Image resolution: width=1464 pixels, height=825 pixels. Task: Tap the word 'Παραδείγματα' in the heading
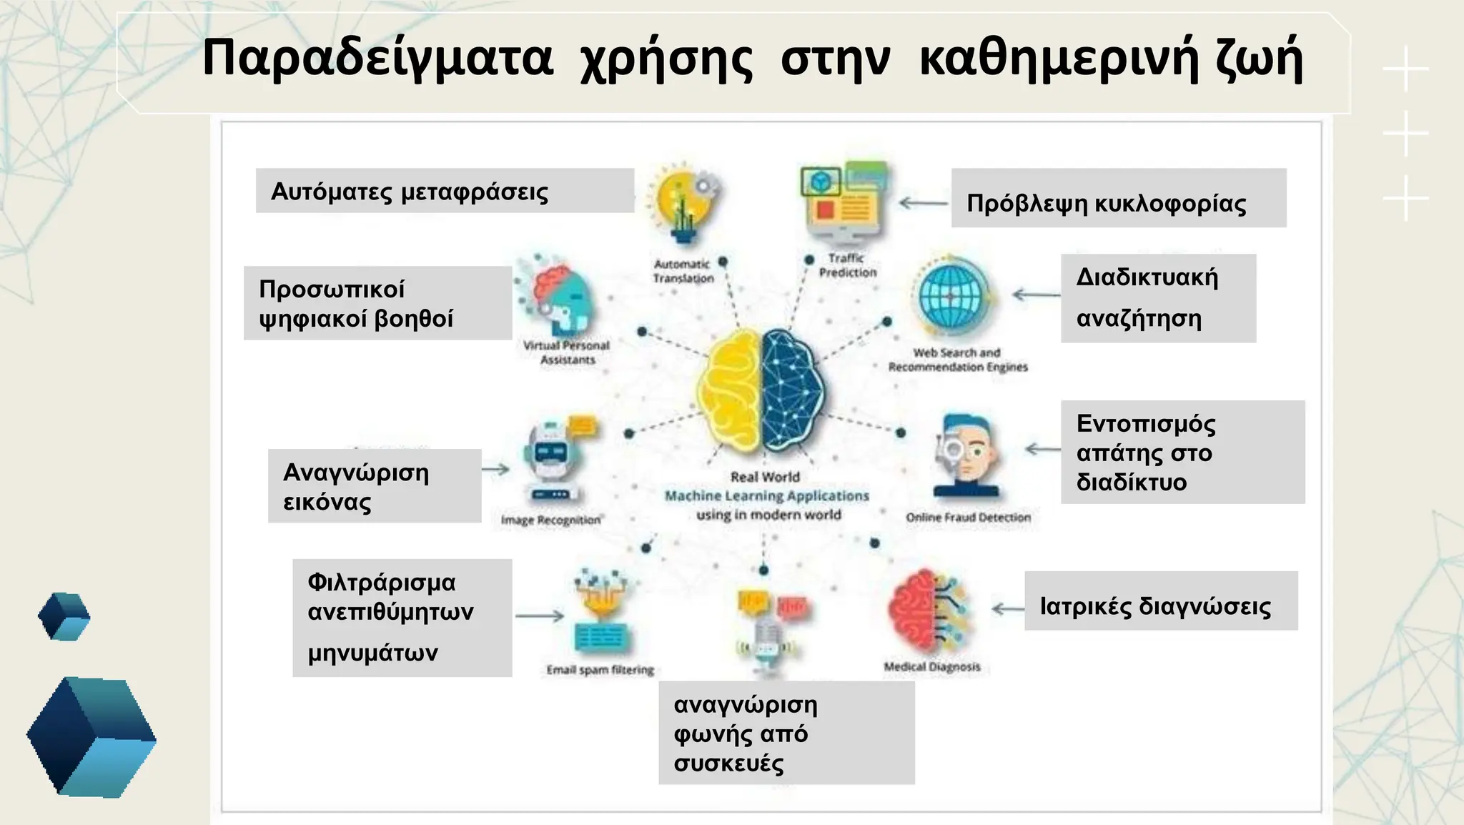pos(377,59)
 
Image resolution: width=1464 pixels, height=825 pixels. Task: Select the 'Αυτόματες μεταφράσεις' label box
pos(445,191)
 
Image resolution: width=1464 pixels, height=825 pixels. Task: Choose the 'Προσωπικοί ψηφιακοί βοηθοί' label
pos(377,303)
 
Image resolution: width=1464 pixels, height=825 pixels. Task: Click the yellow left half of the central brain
pos(729,390)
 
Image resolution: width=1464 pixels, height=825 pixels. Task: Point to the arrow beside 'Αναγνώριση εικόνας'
pos(495,470)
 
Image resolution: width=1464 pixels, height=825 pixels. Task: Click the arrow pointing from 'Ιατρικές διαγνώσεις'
pos(1008,609)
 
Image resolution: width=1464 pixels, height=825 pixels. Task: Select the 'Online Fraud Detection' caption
pos(968,517)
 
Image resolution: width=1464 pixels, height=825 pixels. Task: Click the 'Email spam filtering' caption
pos(600,670)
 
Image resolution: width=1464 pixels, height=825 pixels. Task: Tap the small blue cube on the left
pos(64,616)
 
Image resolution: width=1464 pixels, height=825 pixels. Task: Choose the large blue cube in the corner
pos(91,736)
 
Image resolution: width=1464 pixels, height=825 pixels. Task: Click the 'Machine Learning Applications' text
pos(767,495)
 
